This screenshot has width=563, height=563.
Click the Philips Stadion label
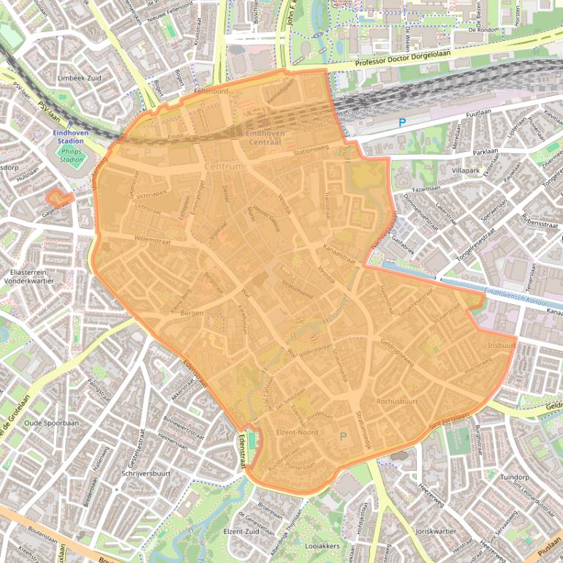click(72, 154)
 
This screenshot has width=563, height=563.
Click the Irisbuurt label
click(502, 344)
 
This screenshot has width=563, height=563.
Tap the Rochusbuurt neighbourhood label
click(397, 401)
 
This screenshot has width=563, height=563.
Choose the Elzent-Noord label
click(297, 433)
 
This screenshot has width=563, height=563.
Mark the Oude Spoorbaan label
click(51, 423)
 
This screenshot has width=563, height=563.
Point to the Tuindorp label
click(514, 477)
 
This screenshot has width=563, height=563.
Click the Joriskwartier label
click(435, 531)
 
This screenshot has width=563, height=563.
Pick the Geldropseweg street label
click(397, 352)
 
